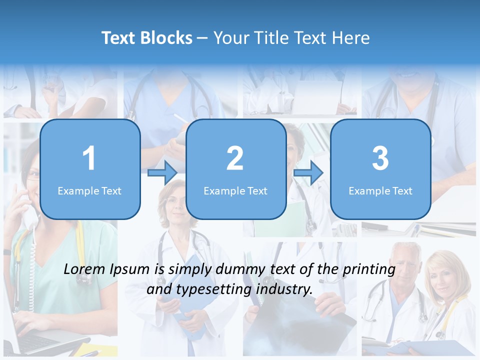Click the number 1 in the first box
[x=89, y=158]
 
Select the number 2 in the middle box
[x=235, y=158]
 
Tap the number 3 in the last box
[x=380, y=158]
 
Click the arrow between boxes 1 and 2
[x=163, y=173]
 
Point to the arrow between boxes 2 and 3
[x=308, y=173]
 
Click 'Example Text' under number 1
[x=89, y=190]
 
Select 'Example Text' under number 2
[x=235, y=190]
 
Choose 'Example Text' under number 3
[x=380, y=190]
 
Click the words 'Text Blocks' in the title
[x=146, y=38]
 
